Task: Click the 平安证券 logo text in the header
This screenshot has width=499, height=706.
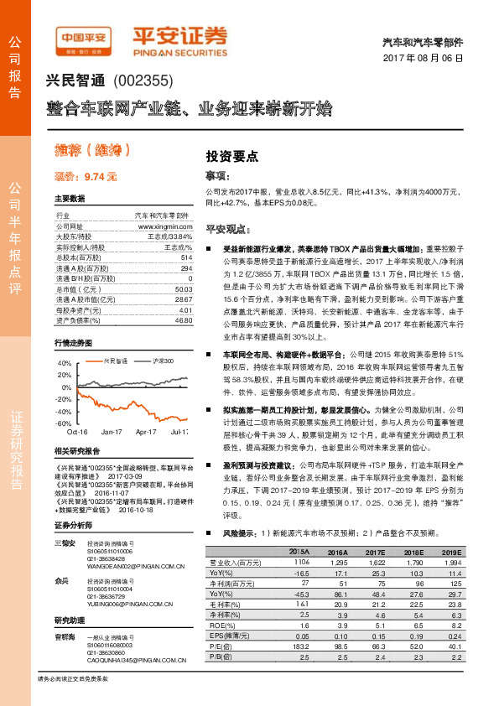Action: [x=181, y=36]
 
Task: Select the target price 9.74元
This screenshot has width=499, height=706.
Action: [x=86, y=176]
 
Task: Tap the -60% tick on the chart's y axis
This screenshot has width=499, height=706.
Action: [x=64, y=424]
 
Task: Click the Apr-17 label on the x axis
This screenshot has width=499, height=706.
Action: [x=147, y=433]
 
